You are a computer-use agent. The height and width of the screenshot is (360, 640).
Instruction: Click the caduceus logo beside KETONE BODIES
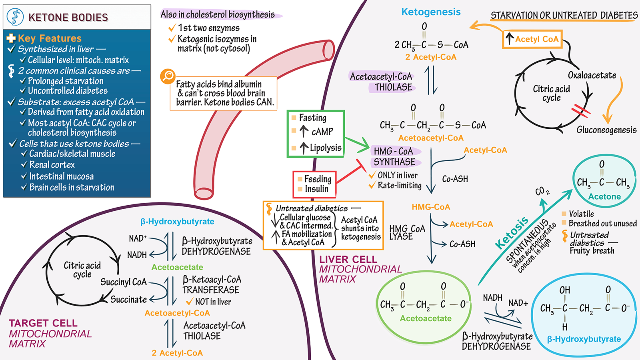pyautogui.click(x=15, y=17)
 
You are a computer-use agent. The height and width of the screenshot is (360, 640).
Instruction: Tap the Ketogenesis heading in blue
pyautogui.click(x=431, y=12)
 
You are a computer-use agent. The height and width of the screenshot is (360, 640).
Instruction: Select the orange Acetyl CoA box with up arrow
pyautogui.click(x=532, y=39)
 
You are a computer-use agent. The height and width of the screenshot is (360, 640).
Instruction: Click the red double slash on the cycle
pyautogui.click(x=580, y=111)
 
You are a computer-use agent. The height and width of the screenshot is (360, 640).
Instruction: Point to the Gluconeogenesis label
pyautogui.click(x=606, y=130)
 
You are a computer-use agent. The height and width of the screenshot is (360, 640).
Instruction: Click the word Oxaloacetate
pyautogui.click(x=592, y=75)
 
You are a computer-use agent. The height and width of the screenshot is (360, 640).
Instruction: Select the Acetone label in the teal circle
pyautogui.click(x=604, y=197)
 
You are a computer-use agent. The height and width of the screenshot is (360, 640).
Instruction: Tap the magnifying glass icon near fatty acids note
pyautogui.click(x=168, y=76)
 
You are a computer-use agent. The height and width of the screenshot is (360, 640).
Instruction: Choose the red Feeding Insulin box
pyautogui.click(x=315, y=184)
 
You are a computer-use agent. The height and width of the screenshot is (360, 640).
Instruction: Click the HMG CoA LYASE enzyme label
pyautogui.click(x=407, y=232)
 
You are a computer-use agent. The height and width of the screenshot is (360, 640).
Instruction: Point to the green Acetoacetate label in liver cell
pyautogui.click(x=426, y=318)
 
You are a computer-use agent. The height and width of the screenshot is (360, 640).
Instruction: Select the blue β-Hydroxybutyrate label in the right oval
pyautogui.click(x=584, y=339)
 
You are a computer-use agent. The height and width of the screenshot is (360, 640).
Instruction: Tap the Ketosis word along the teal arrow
pyautogui.click(x=512, y=233)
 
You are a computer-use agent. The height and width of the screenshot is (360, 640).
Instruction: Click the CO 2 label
pyautogui.click(x=542, y=192)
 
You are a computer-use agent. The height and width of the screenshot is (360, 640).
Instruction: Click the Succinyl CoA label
pyautogui.click(x=123, y=282)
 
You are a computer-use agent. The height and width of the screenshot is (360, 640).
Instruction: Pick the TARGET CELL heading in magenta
pyautogui.click(x=43, y=323)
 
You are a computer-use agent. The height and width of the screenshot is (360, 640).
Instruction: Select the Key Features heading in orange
pyautogui.click(x=50, y=38)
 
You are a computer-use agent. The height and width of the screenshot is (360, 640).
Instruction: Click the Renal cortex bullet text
pyautogui.click(x=52, y=165)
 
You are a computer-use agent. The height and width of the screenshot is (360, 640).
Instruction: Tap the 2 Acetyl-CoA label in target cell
pyautogui.click(x=177, y=353)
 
